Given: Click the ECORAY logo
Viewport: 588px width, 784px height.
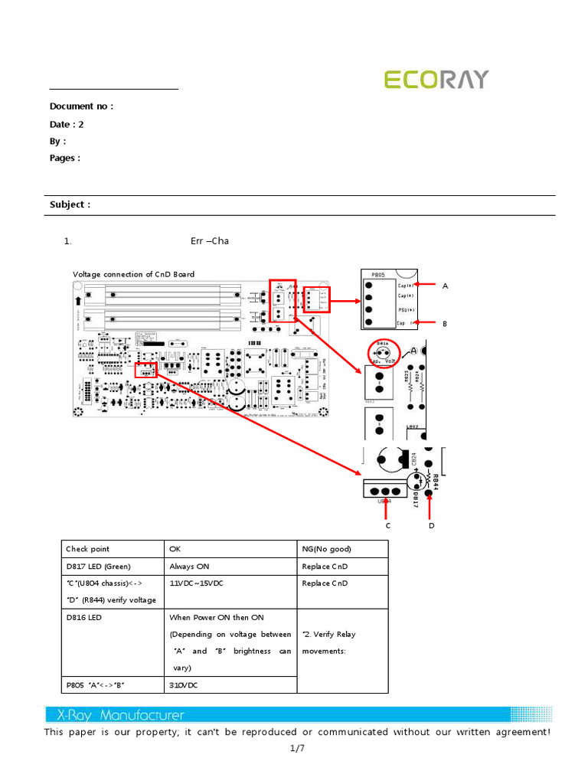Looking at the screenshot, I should click(436, 80).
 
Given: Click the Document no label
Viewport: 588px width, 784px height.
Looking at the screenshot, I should click(81, 106).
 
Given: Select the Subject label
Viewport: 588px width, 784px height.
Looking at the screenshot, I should click(70, 204).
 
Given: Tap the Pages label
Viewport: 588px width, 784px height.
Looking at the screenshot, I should click(65, 158).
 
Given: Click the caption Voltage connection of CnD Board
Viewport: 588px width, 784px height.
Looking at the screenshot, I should click(133, 274).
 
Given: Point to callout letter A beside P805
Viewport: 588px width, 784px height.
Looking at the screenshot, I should click(445, 286).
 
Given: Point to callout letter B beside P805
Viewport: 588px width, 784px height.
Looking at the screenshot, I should click(444, 324).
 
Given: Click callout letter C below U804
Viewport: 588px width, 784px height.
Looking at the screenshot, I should click(387, 526).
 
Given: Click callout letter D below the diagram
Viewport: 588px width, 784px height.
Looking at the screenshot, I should click(431, 526).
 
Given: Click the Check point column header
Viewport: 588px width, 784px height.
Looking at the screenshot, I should click(87, 549).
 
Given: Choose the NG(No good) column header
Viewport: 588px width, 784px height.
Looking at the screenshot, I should click(327, 549).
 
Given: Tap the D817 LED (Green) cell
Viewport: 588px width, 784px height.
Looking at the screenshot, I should click(98, 567).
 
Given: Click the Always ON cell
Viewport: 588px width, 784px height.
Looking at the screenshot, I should click(189, 567).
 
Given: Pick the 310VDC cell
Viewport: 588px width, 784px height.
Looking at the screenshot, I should click(183, 685).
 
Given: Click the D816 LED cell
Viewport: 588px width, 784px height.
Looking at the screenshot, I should click(83, 617).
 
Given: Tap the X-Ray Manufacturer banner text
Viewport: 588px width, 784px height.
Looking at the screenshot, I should click(121, 715).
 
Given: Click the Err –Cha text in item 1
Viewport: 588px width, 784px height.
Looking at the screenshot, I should click(210, 241).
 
